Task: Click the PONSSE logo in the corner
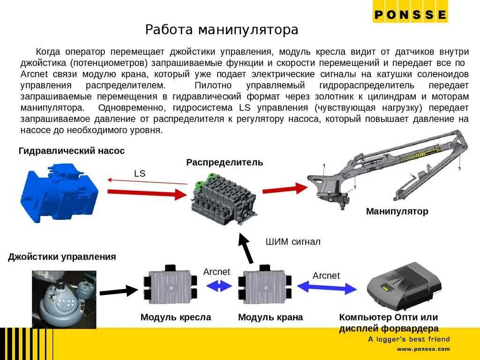click(410, 15)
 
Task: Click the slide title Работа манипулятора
click(221, 30)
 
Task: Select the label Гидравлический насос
click(72, 151)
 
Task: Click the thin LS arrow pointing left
click(147, 181)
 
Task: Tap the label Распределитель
click(225, 163)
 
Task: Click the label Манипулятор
click(397, 211)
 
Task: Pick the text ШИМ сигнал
click(293, 242)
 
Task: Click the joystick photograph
click(64, 299)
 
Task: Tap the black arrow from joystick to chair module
click(117, 291)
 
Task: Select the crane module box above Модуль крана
click(265, 287)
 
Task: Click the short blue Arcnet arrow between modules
click(219, 285)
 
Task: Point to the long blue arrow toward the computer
click(327, 287)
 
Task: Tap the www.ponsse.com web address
click(423, 349)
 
